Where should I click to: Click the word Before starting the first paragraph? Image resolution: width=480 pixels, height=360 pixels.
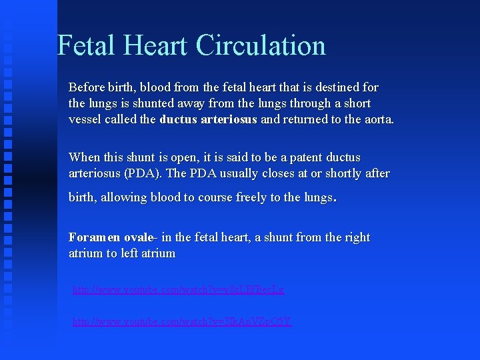(86, 87)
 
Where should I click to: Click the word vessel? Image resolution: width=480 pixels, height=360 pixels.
(85, 119)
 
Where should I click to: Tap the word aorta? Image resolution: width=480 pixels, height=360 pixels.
(379, 119)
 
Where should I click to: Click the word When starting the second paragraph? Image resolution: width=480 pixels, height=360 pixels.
(84, 157)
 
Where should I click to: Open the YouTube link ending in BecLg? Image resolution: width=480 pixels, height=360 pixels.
(178, 289)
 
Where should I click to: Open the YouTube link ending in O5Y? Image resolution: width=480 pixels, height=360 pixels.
(182, 321)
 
